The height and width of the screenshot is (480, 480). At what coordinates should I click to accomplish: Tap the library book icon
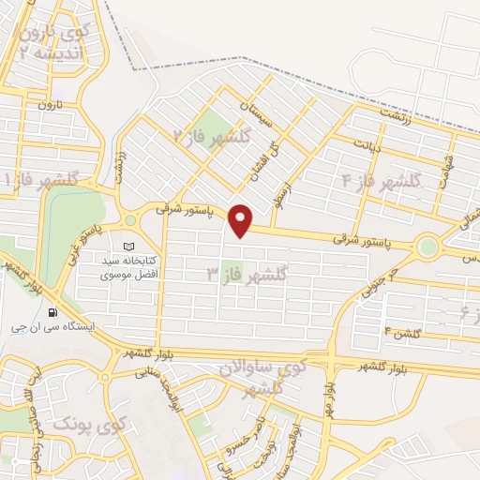click(x=128, y=246)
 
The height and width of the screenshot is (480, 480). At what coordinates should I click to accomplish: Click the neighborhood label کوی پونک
click(x=104, y=427)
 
